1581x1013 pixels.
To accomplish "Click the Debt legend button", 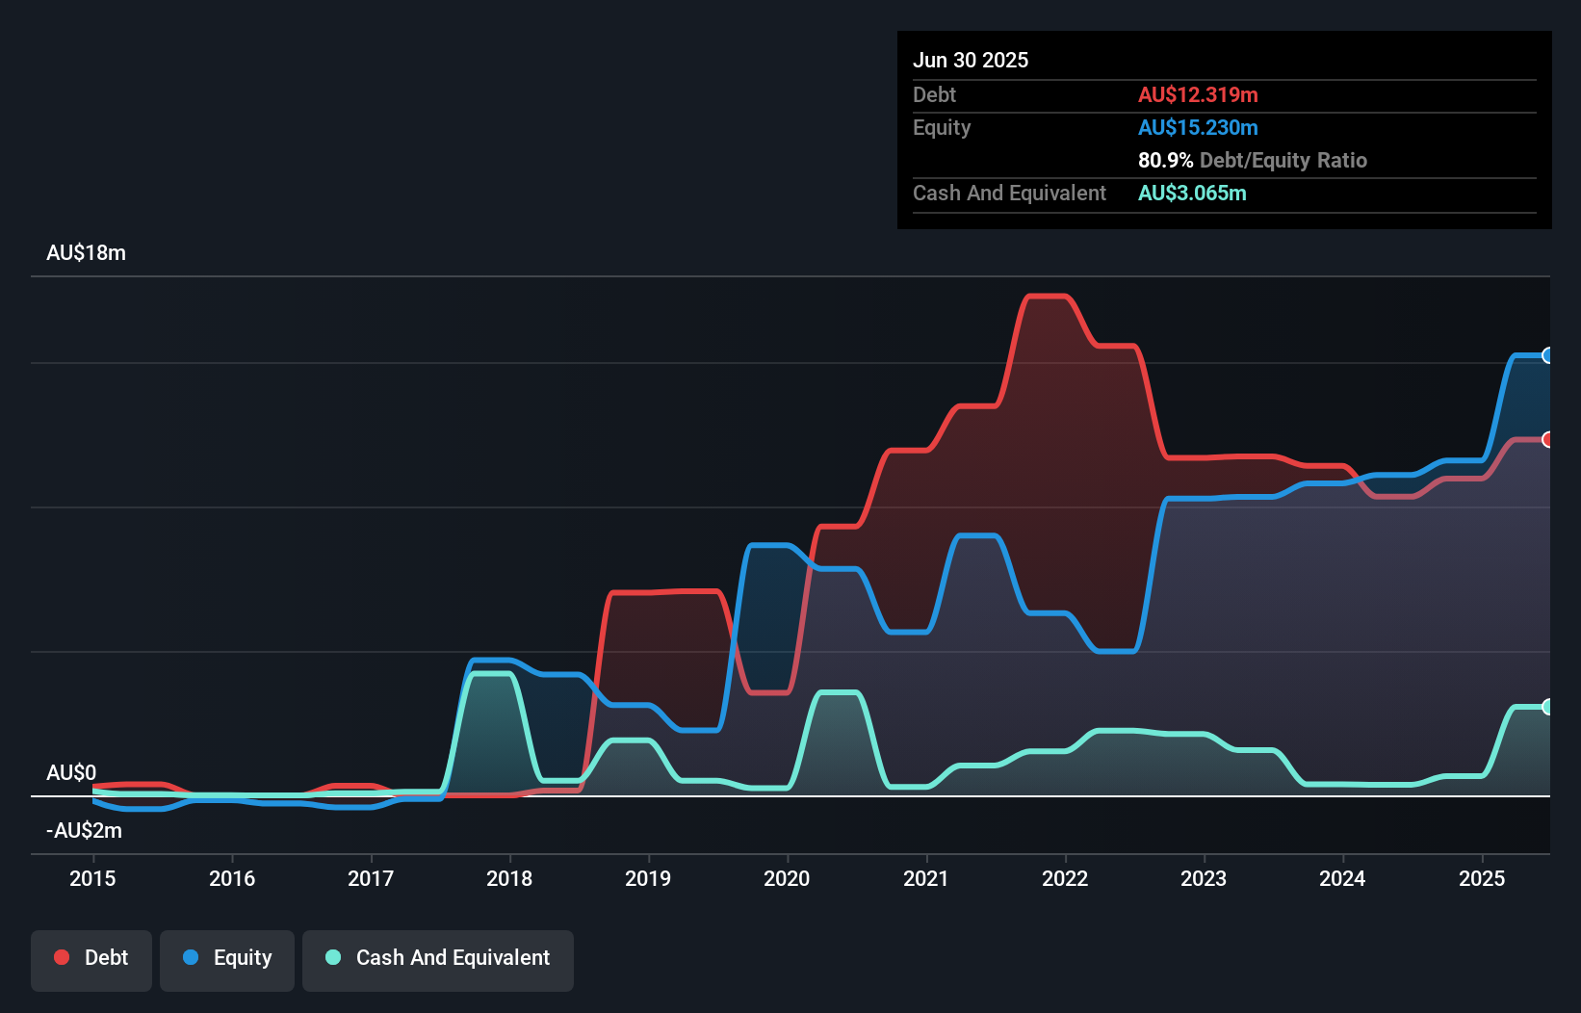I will pos(91,958).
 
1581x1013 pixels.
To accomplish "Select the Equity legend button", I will pos(227,958).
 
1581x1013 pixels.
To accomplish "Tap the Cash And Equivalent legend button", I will pos(438,958).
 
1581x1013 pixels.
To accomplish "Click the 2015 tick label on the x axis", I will pos(92,878).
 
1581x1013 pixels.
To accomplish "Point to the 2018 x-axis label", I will pos(509,878).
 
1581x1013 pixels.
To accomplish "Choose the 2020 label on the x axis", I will pos(787,878).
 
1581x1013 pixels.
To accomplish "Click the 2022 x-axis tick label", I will pos(1065,878).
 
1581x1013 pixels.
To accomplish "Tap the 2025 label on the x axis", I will pos(1481,878).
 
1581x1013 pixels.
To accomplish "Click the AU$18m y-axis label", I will pos(86,253).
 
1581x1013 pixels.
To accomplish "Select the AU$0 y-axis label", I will pos(71,773).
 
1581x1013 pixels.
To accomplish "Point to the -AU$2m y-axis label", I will pos(84,830).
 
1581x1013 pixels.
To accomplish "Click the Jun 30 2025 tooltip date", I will pos(971,61).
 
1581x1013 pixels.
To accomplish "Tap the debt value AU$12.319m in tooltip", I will pos(1198,95).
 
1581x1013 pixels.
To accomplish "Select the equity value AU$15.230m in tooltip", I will pos(1198,128).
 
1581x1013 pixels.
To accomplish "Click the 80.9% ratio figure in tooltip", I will pos(1165,161).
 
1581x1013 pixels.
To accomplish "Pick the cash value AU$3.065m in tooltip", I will pos(1192,194).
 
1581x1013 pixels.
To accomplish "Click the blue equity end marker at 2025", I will pos(1547,355).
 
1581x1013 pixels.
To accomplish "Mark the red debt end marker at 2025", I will pos(1547,439).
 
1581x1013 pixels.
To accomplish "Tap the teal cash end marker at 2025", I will pos(1547,707).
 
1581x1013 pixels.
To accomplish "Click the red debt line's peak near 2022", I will pos(1048,297).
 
